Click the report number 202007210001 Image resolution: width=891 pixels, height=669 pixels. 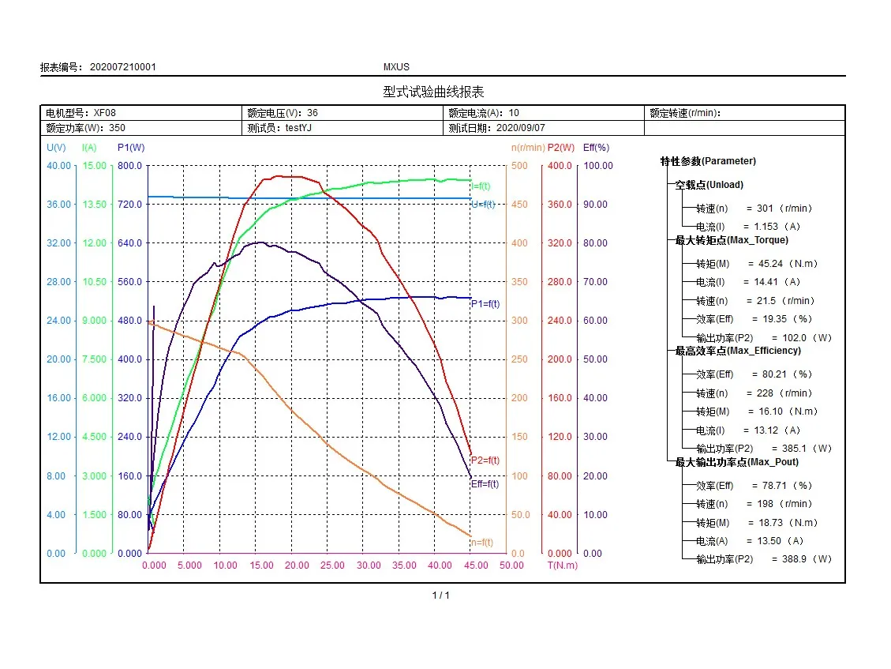(123, 67)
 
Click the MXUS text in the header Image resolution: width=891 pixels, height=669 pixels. (396, 67)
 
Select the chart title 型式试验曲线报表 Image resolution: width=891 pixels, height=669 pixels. (433, 92)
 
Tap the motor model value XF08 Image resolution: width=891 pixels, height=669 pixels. (104, 113)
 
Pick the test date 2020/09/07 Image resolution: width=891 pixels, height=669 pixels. (521, 128)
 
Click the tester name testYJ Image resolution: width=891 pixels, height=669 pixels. (298, 128)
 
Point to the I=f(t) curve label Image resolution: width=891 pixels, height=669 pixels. (481, 186)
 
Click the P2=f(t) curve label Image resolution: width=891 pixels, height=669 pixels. (485, 460)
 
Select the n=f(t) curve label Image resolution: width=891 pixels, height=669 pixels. (482, 543)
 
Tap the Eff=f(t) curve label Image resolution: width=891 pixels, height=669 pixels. (485, 484)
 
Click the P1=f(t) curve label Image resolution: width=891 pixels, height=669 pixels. (485, 304)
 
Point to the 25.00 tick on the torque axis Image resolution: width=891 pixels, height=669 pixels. (332, 566)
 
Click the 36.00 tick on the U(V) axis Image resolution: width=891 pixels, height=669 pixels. (58, 205)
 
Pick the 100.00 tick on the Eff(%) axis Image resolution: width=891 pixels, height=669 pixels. (598, 166)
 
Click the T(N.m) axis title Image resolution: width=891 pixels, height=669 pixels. (563, 566)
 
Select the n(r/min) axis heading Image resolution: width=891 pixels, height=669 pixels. (528, 148)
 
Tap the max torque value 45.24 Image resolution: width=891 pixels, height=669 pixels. (770, 264)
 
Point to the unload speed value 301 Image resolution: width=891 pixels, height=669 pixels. (765, 209)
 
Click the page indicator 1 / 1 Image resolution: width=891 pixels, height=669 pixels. (441, 596)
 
